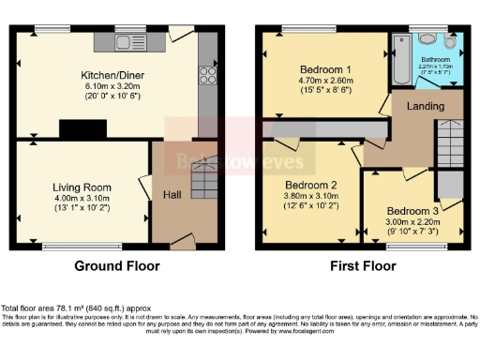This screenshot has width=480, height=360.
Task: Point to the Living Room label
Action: (x=82, y=187)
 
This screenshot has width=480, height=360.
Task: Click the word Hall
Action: (x=174, y=194)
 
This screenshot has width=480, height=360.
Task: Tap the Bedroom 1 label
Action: (x=325, y=69)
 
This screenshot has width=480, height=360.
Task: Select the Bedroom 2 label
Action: (x=310, y=184)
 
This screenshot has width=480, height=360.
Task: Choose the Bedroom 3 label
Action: (x=412, y=211)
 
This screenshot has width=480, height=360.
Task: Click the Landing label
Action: (x=424, y=106)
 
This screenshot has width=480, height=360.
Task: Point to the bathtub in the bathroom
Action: (x=402, y=54)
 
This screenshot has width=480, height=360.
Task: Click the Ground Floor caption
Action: (x=117, y=265)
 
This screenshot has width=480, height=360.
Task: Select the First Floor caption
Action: (x=360, y=265)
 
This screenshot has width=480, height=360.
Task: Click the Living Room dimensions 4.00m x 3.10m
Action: (x=82, y=198)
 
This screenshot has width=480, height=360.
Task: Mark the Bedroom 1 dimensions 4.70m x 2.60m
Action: (x=325, y=81)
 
